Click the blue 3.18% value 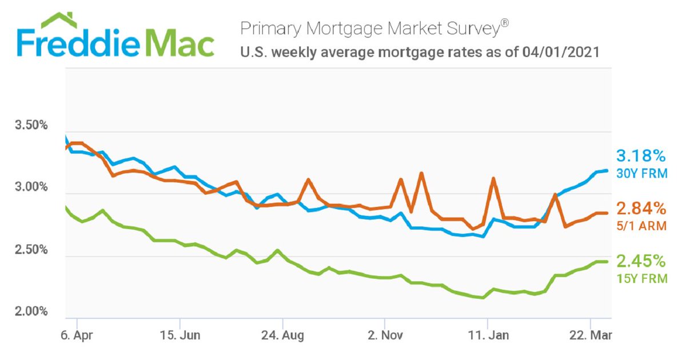pos(641,156)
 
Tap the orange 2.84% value pos(641,208)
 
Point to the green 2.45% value pos(641,262)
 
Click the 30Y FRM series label pos(641,173)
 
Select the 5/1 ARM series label pos(641,226)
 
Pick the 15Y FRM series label pos(641,279)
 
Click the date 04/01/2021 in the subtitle pos(560,53)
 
